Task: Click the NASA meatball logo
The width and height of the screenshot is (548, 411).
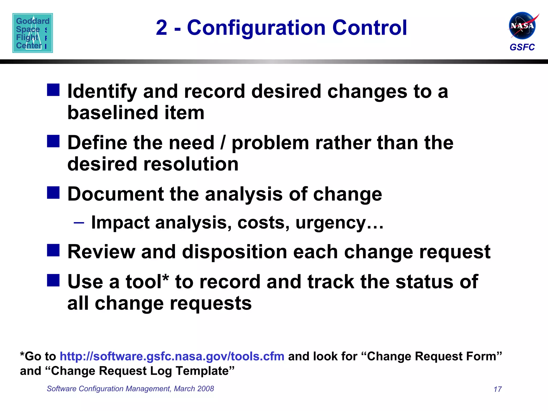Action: (x=522, y=26)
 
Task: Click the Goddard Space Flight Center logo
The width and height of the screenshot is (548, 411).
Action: (x=33, y=33)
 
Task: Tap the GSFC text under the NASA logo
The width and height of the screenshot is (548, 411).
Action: (x=522, y=47)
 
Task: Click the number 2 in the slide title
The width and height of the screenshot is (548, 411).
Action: (x=162, y=28)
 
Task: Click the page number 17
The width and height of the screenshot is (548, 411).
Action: (x=497, y=389)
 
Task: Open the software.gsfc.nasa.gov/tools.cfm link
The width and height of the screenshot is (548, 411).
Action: (x=172, y=356)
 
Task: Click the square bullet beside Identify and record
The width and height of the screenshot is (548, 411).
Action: (x=53, y=90)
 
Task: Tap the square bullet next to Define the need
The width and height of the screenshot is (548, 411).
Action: (x=53, y=141)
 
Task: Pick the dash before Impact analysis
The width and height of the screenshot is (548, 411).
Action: (x=79, y=223)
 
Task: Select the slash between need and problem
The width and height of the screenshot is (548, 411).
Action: (x=223, y=143)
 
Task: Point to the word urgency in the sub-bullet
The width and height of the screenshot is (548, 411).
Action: (x=331, y=223)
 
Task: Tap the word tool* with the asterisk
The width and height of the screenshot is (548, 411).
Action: (x=147, y=281)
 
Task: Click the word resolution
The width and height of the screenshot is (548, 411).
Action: (x=191, y=164)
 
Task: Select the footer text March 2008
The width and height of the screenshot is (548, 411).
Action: (x=194, y=389)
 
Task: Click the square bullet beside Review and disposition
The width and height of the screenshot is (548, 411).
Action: (x=53, y=250)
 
